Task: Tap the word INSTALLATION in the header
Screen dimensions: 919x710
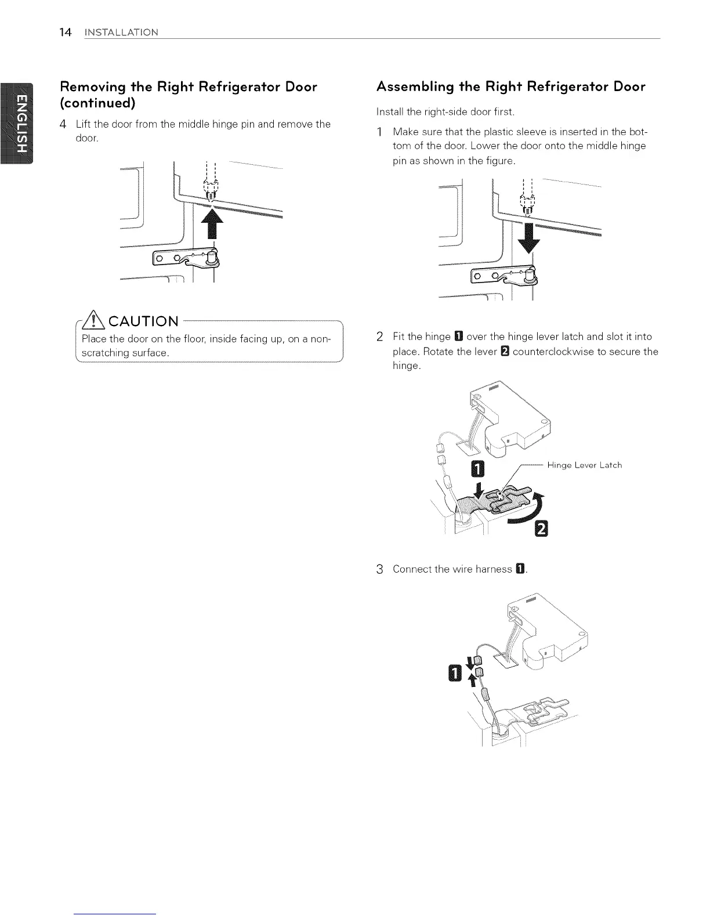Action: coord(121,32)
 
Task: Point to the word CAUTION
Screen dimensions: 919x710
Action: coord(143,321)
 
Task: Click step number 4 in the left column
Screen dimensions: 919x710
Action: coord(64,124)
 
